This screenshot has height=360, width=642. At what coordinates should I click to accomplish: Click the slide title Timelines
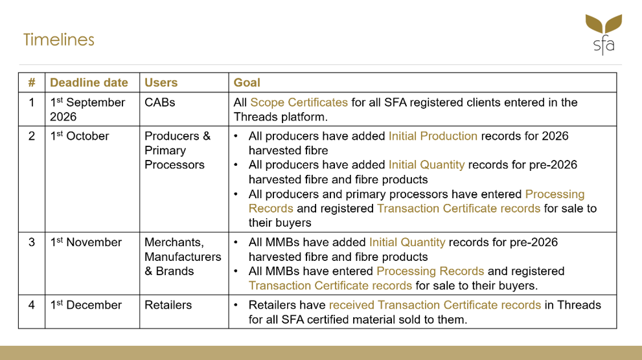pyautogui.click(x=58, y=39)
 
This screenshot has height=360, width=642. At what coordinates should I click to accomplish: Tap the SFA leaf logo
pyautogui.click(x=604, y=34)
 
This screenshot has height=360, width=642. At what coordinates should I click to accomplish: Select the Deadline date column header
pyautogui.click(x=89, y=83)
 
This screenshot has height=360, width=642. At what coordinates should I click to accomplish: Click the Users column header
pyautogui.click(x=161, y=83)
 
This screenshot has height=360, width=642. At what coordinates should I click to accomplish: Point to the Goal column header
pyautogui.click(x=247, y=83)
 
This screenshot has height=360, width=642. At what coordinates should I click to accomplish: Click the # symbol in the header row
pyautogui.click(x=32, y=83)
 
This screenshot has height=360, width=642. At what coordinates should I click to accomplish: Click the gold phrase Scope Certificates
pyautogui.click(x=299, y=102)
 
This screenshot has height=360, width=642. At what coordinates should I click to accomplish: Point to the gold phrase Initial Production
pyautogui.click(x=433, y=136)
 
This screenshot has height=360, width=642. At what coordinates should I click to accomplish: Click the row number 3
pyautogui.click(x=32, y=242)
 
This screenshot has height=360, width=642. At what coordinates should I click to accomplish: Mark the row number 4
pyautogui.click(x=32, y=305)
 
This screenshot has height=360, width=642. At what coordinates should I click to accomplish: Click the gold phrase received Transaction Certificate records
pyautogui.click(x=435, y=305)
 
